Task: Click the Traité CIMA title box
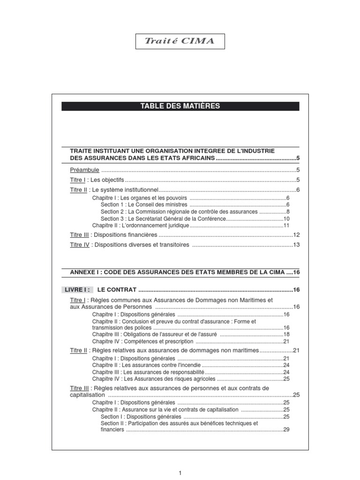point(180,41)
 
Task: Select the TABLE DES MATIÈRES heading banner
point(180,106)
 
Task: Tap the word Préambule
point(85,170)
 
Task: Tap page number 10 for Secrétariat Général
point(287,218)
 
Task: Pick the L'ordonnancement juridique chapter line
point(141,225)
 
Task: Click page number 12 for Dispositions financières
point(296,234)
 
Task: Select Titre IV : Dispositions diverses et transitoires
point(129,245)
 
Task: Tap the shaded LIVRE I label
point(77,289)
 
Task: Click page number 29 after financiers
point(287,429)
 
